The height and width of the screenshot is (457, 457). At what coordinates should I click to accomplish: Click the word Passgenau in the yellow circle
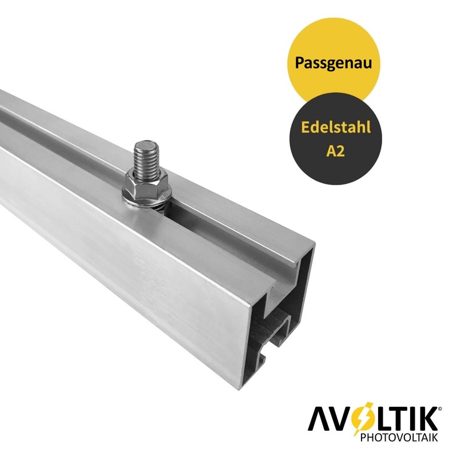coord(334,63)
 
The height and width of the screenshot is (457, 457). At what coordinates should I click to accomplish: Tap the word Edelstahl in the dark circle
coord(336,127)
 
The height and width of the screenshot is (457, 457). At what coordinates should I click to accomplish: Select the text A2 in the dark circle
coord(335,151)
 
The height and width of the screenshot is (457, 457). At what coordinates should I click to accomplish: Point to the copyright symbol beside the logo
coord(440,409)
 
